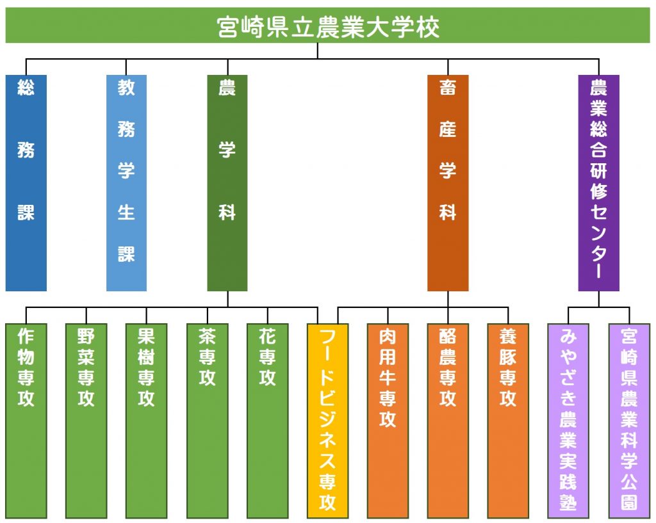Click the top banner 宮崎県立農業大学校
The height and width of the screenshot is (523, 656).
[x=327, y=25]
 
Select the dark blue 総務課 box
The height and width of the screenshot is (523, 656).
[x=26, y=182]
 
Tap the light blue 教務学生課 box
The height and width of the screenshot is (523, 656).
[x=126, y=182]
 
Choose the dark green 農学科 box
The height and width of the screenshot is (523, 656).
[x=227, y=182]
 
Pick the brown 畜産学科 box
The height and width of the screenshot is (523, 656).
[x=448, y=182]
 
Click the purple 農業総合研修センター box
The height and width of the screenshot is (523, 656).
[x=599, y=182]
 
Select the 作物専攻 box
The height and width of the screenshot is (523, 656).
[x=26, y=421]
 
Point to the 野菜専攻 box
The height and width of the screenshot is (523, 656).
[x=86, y=421]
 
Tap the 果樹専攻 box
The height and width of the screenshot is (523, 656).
[x=147, y=421]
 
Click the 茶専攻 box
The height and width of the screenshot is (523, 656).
[x=207, y=421]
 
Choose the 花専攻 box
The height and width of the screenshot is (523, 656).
[x=267, y=421]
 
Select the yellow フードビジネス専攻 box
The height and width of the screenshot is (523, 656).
[x=327, y=421]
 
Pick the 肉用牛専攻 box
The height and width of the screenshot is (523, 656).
[x=388, y=421]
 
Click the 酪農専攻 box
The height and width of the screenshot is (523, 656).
[x=448, y=421]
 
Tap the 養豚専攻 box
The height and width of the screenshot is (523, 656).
[x=508, y=421]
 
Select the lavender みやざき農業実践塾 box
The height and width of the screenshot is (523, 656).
[x=568, y=421]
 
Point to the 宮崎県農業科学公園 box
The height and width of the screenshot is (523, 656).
[x=629, y=421]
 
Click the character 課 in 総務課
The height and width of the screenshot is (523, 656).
[x=26, y=212]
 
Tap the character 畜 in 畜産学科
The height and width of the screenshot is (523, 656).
[x=448, y=87]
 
